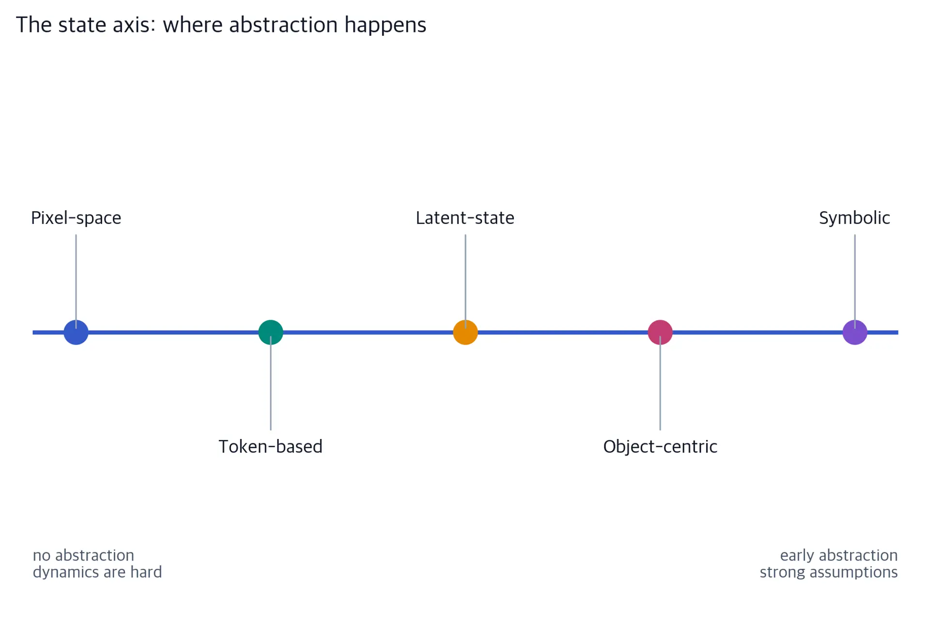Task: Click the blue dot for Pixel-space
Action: [76, 332]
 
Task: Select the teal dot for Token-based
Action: [271, 332]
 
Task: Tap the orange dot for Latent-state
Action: [465, 332]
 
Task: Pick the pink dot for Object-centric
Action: [660, 332]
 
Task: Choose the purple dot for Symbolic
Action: [855, 332]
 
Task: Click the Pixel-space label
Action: [76, 218]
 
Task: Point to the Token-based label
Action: [271, 446]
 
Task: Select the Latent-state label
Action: [465, 218]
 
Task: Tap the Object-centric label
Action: [660, 447]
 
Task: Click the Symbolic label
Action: [854, 218]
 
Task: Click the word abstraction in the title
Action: [283, 25]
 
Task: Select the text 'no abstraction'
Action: [83, 555]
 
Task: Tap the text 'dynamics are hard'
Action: [97, 572]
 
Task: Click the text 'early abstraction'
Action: [839, 555]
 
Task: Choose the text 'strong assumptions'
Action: [829, 572]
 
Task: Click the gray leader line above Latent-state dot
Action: [465, 281]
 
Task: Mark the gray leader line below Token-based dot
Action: [271, 383]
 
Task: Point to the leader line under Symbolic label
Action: [855, 281]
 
